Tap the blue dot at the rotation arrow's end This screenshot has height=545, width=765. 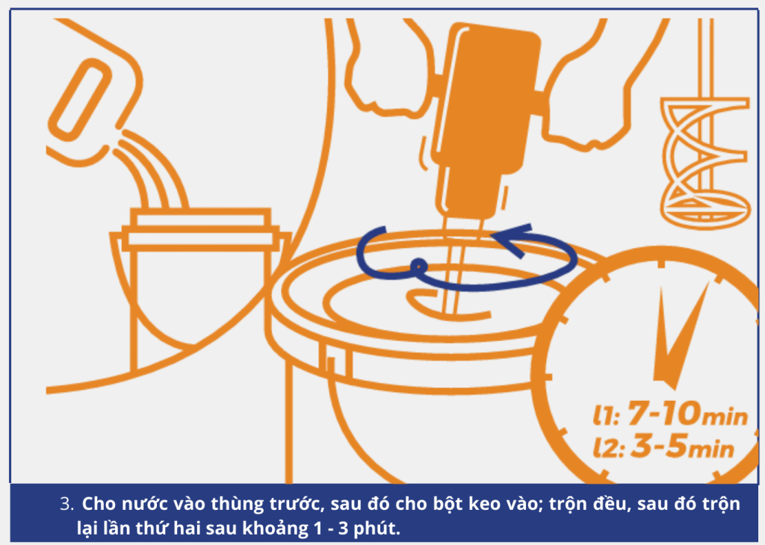pyautogui.click(x=418, y=267)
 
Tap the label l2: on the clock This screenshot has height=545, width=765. pyautogui.click(x=609, y=447)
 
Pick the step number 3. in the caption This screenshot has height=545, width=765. pyautogui.click(x=66, y=503)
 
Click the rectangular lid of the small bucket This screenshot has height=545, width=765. pyautogui.click(x=200, y=229)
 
